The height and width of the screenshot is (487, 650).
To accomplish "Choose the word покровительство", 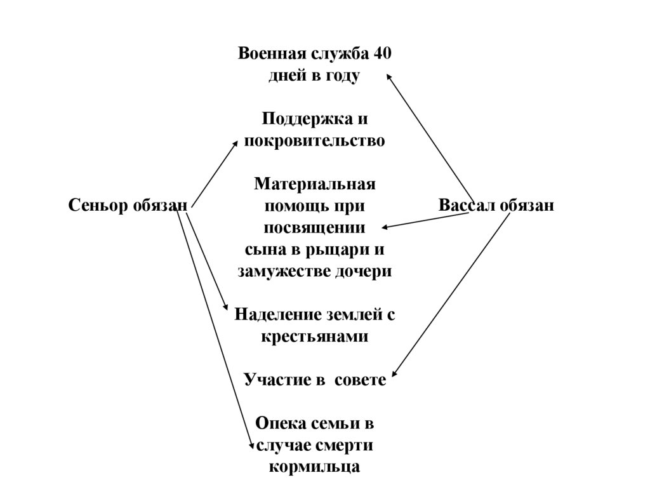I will pos(314,140).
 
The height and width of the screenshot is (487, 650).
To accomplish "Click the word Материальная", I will pos(315,184).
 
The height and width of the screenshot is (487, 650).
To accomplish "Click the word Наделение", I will pos(274,314).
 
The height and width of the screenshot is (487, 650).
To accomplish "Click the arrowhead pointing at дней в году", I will pos(389,76).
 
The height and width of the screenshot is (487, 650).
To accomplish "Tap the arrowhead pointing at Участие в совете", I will pos(394,377).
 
